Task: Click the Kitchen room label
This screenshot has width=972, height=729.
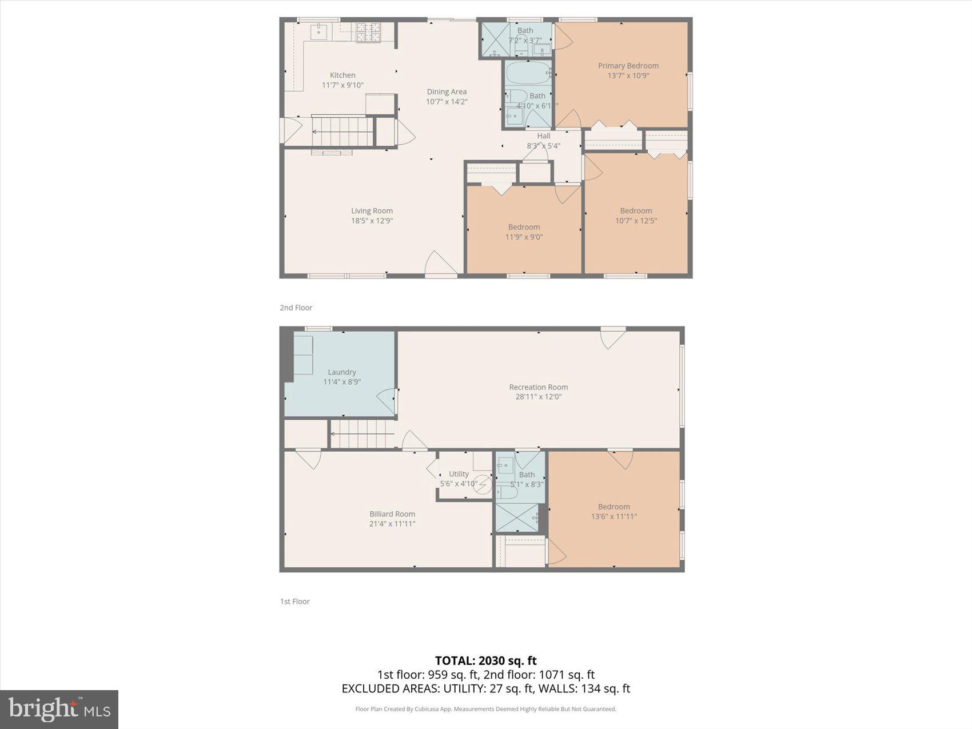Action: coord(342,75)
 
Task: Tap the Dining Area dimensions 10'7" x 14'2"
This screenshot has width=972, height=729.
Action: coord(447,102)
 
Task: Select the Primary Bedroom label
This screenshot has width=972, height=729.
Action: coord(628,66)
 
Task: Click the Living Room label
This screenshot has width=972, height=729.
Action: coord(372,210)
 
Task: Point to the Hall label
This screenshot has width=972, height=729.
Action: coord(543,136)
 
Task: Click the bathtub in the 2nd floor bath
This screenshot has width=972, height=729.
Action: coord(527,73)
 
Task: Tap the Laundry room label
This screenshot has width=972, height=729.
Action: coord(341,372)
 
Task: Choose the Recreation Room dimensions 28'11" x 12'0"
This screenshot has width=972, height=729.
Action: coord(538,396)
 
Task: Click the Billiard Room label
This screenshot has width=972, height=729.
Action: coord(392,513)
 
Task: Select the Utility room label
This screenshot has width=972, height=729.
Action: coord(459,473)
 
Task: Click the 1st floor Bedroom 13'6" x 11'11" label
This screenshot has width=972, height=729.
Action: coord(614,507)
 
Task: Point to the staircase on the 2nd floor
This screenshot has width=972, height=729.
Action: coord(342,132)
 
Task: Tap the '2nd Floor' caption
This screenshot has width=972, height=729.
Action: coord(296,308)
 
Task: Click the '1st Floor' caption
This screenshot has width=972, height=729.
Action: coord(294,601)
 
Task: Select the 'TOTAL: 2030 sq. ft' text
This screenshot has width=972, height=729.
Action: coord(485,661)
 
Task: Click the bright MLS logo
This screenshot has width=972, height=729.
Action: coord(59,709)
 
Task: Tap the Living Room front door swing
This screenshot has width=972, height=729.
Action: coord(440,264)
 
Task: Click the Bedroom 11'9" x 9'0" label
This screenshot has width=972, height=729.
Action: coord(524,227)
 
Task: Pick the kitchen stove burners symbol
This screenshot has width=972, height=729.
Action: coord(368,32)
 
